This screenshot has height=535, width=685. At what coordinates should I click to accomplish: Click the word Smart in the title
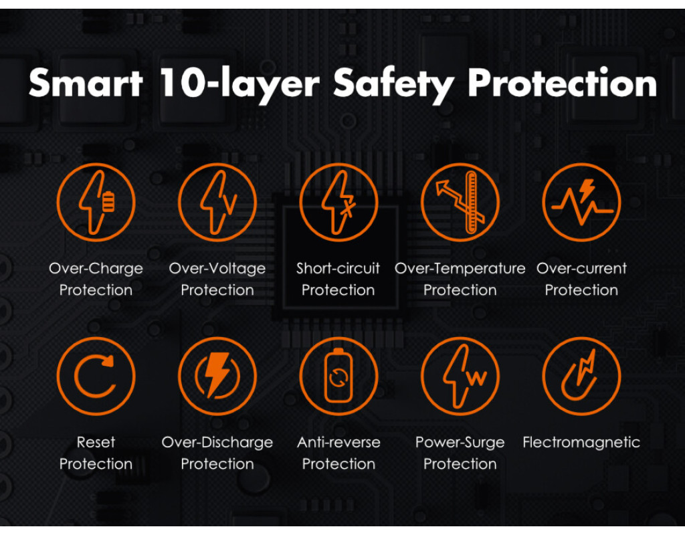pyautogui.click(x=86, y=83)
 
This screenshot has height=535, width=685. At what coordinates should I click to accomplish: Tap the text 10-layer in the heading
pyautogui.click(x=239, y=83)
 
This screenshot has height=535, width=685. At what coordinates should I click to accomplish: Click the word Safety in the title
pyautogui.click(x=393, y=85)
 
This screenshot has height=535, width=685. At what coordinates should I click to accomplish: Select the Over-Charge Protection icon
pyautogui.click(x=96, y=202)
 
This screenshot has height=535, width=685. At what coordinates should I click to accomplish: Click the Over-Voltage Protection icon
pyautogui.click(x=217, y=202)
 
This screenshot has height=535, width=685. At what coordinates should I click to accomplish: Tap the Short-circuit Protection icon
pyautogui.click(x=338, y=202)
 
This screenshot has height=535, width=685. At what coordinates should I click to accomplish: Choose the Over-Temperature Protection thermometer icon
pyautogui.click(x=460, y=202)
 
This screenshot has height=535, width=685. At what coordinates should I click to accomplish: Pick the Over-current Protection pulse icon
pyautogui.click(x=581, y=202)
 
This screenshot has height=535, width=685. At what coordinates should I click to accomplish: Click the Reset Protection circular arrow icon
pyautogui.click(x=96, y=376)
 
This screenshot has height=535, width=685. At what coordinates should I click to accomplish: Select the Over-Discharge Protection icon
pyautogui.click(x=217, y=376)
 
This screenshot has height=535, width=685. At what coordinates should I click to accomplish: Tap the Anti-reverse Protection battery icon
pyautogui.click(x=338, y=376)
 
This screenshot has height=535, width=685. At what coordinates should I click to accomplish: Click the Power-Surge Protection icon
pyautogui.click(x=460, y=376)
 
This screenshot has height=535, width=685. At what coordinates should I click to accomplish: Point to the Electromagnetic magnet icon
pyautogui.click(x=581, y=376)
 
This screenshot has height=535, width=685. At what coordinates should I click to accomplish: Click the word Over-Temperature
pyautogui.click(x=460, y=269)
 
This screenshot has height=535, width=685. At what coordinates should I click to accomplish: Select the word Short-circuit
pyautogui.click(x=338, y=268)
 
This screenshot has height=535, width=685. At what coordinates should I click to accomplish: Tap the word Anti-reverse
pyautogui.click(x=338, y=443)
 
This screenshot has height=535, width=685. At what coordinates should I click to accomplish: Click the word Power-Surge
pyautogui.click(x=460, y=443)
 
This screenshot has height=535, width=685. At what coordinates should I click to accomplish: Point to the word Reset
pyautogui.click(x=96, y=443)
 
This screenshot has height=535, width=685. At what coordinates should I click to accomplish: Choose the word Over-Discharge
pyautogui.click(x=217, y=443)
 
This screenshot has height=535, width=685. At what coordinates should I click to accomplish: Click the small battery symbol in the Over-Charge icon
pyautogui.click(x=109, y=201)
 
